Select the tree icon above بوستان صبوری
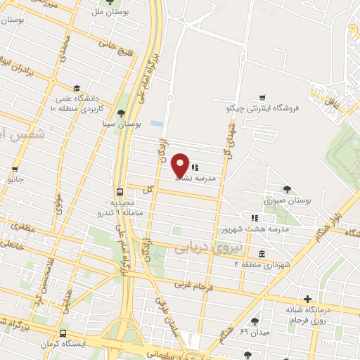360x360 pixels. point(287,188)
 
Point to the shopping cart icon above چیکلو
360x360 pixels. point(262,98)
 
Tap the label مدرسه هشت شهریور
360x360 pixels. point(247,229)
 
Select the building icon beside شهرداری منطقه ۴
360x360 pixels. point(262,254)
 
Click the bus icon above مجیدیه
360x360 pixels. point(120,191)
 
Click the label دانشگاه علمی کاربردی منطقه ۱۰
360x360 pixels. point(77,104)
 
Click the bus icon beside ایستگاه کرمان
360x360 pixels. point(63,333)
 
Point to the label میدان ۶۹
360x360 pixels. point(254,330)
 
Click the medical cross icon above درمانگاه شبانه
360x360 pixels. point(307,298)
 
